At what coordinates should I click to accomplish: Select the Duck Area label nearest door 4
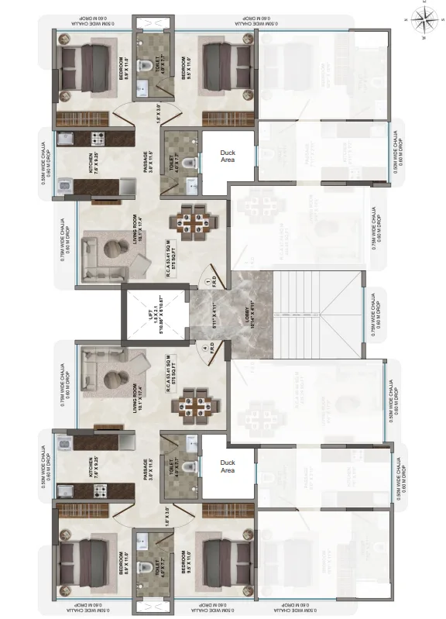coord(228,466)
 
